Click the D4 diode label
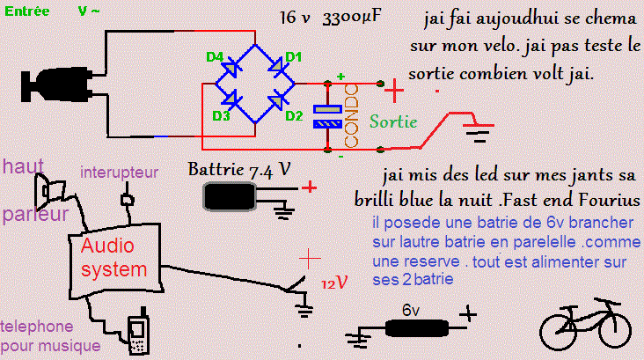point(215,57)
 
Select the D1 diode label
point(293,57)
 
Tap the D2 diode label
point(294,115)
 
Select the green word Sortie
point(393,122)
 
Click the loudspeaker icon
point(49,188)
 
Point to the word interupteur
point(119,173)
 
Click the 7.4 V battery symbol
point(230,198)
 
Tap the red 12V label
point(334,283)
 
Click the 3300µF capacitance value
point(352,18)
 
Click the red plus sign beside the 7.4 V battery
point(308,187)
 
